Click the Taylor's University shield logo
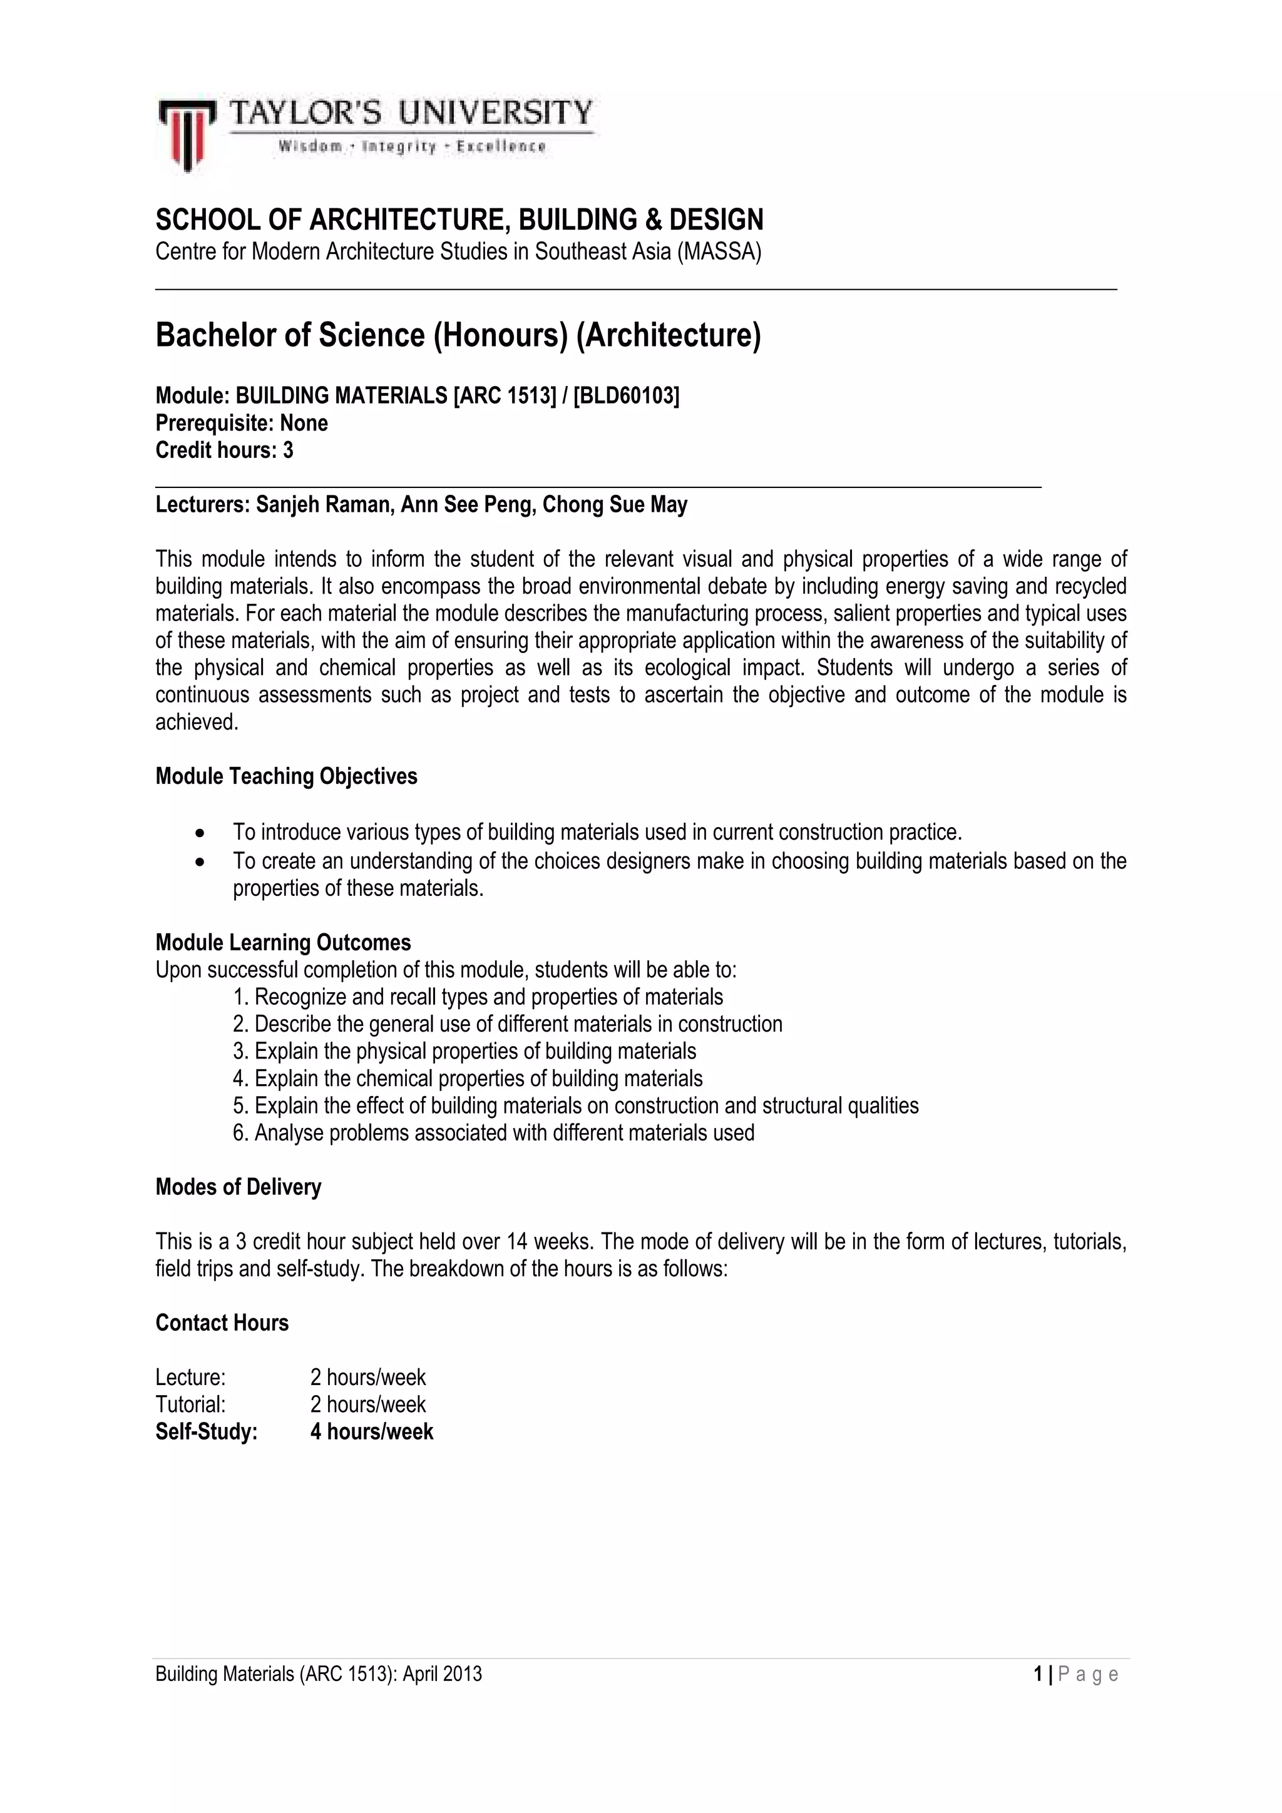coord(187,135)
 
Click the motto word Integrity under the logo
coord(398,147)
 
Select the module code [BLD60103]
coord(625,395)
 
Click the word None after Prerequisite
coord(304,424)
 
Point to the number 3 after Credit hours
coord(289,450)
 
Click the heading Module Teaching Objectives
coord(286,776)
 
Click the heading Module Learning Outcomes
coord(283,942)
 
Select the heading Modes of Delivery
coord(238,1187)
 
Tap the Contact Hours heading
coord(222,1323)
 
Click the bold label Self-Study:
coord(206,1431)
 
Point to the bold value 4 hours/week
coord(371,1431)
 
